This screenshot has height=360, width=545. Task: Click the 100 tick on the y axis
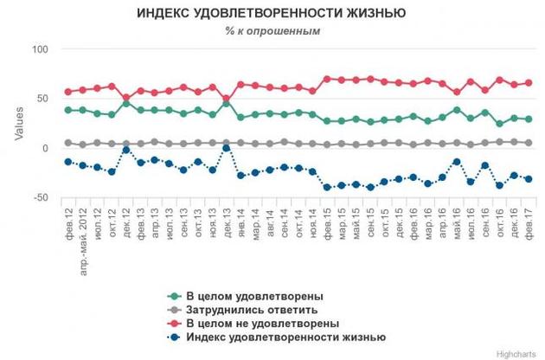41,49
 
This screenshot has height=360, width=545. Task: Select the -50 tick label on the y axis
39,199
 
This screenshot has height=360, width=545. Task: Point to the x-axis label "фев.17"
528,218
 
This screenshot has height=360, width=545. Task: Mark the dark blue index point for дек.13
227,148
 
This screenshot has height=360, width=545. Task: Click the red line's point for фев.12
68,92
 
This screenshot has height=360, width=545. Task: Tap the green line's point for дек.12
126,103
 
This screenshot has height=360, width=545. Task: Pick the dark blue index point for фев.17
528,179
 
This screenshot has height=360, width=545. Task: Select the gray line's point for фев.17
528,143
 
